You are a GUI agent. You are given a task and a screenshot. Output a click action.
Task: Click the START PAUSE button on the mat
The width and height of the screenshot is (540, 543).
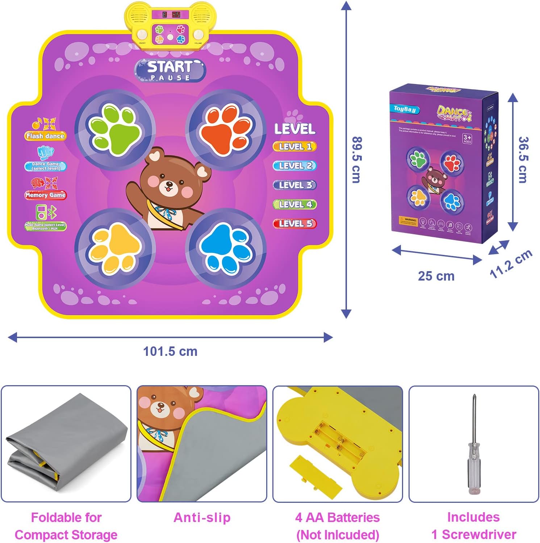pyautogui.click(x=170, y=70)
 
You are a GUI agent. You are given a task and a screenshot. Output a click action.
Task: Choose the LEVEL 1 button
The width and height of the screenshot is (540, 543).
pyautogui.click(x=295, y=147)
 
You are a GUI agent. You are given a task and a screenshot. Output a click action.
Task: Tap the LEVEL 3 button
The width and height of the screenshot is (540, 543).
pyautogui.click(x=295, y=185)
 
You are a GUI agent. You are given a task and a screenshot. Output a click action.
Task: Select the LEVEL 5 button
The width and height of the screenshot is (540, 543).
pyautogui.click(x=295, y=224)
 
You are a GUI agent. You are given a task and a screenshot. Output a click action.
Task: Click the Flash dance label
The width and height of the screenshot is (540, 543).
pyautogui.click(x=45, y=136)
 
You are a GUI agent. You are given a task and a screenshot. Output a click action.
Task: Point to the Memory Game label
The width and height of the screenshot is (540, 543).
pyautogui.click(x=45, y=195)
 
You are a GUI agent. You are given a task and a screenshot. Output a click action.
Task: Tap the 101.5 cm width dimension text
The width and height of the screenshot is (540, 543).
pyautogui.click(x=170, y=352)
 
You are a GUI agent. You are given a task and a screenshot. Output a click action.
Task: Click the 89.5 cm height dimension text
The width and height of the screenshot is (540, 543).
pyautogui.click(x=357, y=160)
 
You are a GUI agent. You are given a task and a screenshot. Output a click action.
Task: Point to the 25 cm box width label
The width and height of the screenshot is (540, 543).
pyautogui.click(x=436, y=276)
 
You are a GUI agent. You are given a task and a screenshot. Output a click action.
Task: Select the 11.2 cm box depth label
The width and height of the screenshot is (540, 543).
pyautogui.click(x=511, y=264)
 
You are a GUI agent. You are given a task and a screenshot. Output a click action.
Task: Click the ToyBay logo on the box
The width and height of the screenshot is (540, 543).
pyautogui.click(x=405, y=109)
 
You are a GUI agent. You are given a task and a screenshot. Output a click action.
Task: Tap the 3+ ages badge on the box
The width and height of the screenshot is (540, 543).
pyautogui.click(x=467, y=138)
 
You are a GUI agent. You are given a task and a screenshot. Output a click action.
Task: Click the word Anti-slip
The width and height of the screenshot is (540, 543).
pyautogui.click(x=202, y=518)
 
